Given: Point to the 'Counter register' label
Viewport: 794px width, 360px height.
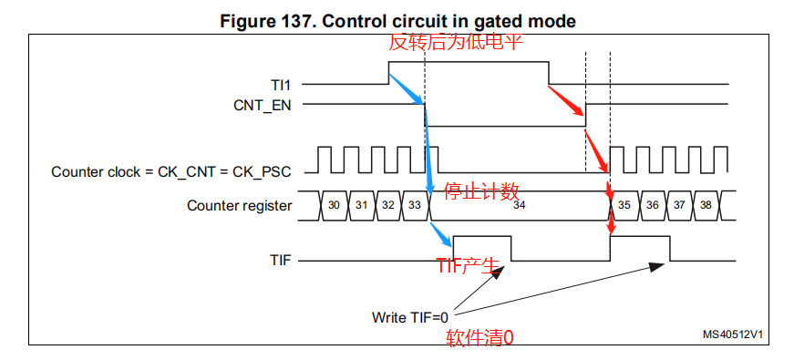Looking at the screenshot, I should pos(240,206).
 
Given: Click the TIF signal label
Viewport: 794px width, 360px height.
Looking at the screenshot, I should pos(281,261).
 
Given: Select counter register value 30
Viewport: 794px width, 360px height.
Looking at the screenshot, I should pos(335,206).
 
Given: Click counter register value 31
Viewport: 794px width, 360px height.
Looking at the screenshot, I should pos(362,206).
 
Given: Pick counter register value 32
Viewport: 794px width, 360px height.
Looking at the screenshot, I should pos(388,206).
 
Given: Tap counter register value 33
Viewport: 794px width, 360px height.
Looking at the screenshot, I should pos(415,206).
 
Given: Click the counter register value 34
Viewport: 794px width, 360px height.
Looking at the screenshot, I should pos(519,207).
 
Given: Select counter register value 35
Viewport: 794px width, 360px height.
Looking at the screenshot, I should pos(624,206).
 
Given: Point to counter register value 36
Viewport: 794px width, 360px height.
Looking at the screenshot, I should pos(653,206).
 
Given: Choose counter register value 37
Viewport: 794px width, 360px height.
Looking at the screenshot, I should pos(680,206).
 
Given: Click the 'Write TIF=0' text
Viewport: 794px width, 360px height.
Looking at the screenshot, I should pos(410,317).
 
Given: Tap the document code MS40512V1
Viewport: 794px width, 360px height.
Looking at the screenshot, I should pos(732,334).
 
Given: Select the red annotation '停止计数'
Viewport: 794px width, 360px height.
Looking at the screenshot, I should pos(481,190).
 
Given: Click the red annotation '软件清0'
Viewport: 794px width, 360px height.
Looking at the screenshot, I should pos(479,338).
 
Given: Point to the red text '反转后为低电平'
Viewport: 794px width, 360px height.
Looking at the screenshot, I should pos(456,43).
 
